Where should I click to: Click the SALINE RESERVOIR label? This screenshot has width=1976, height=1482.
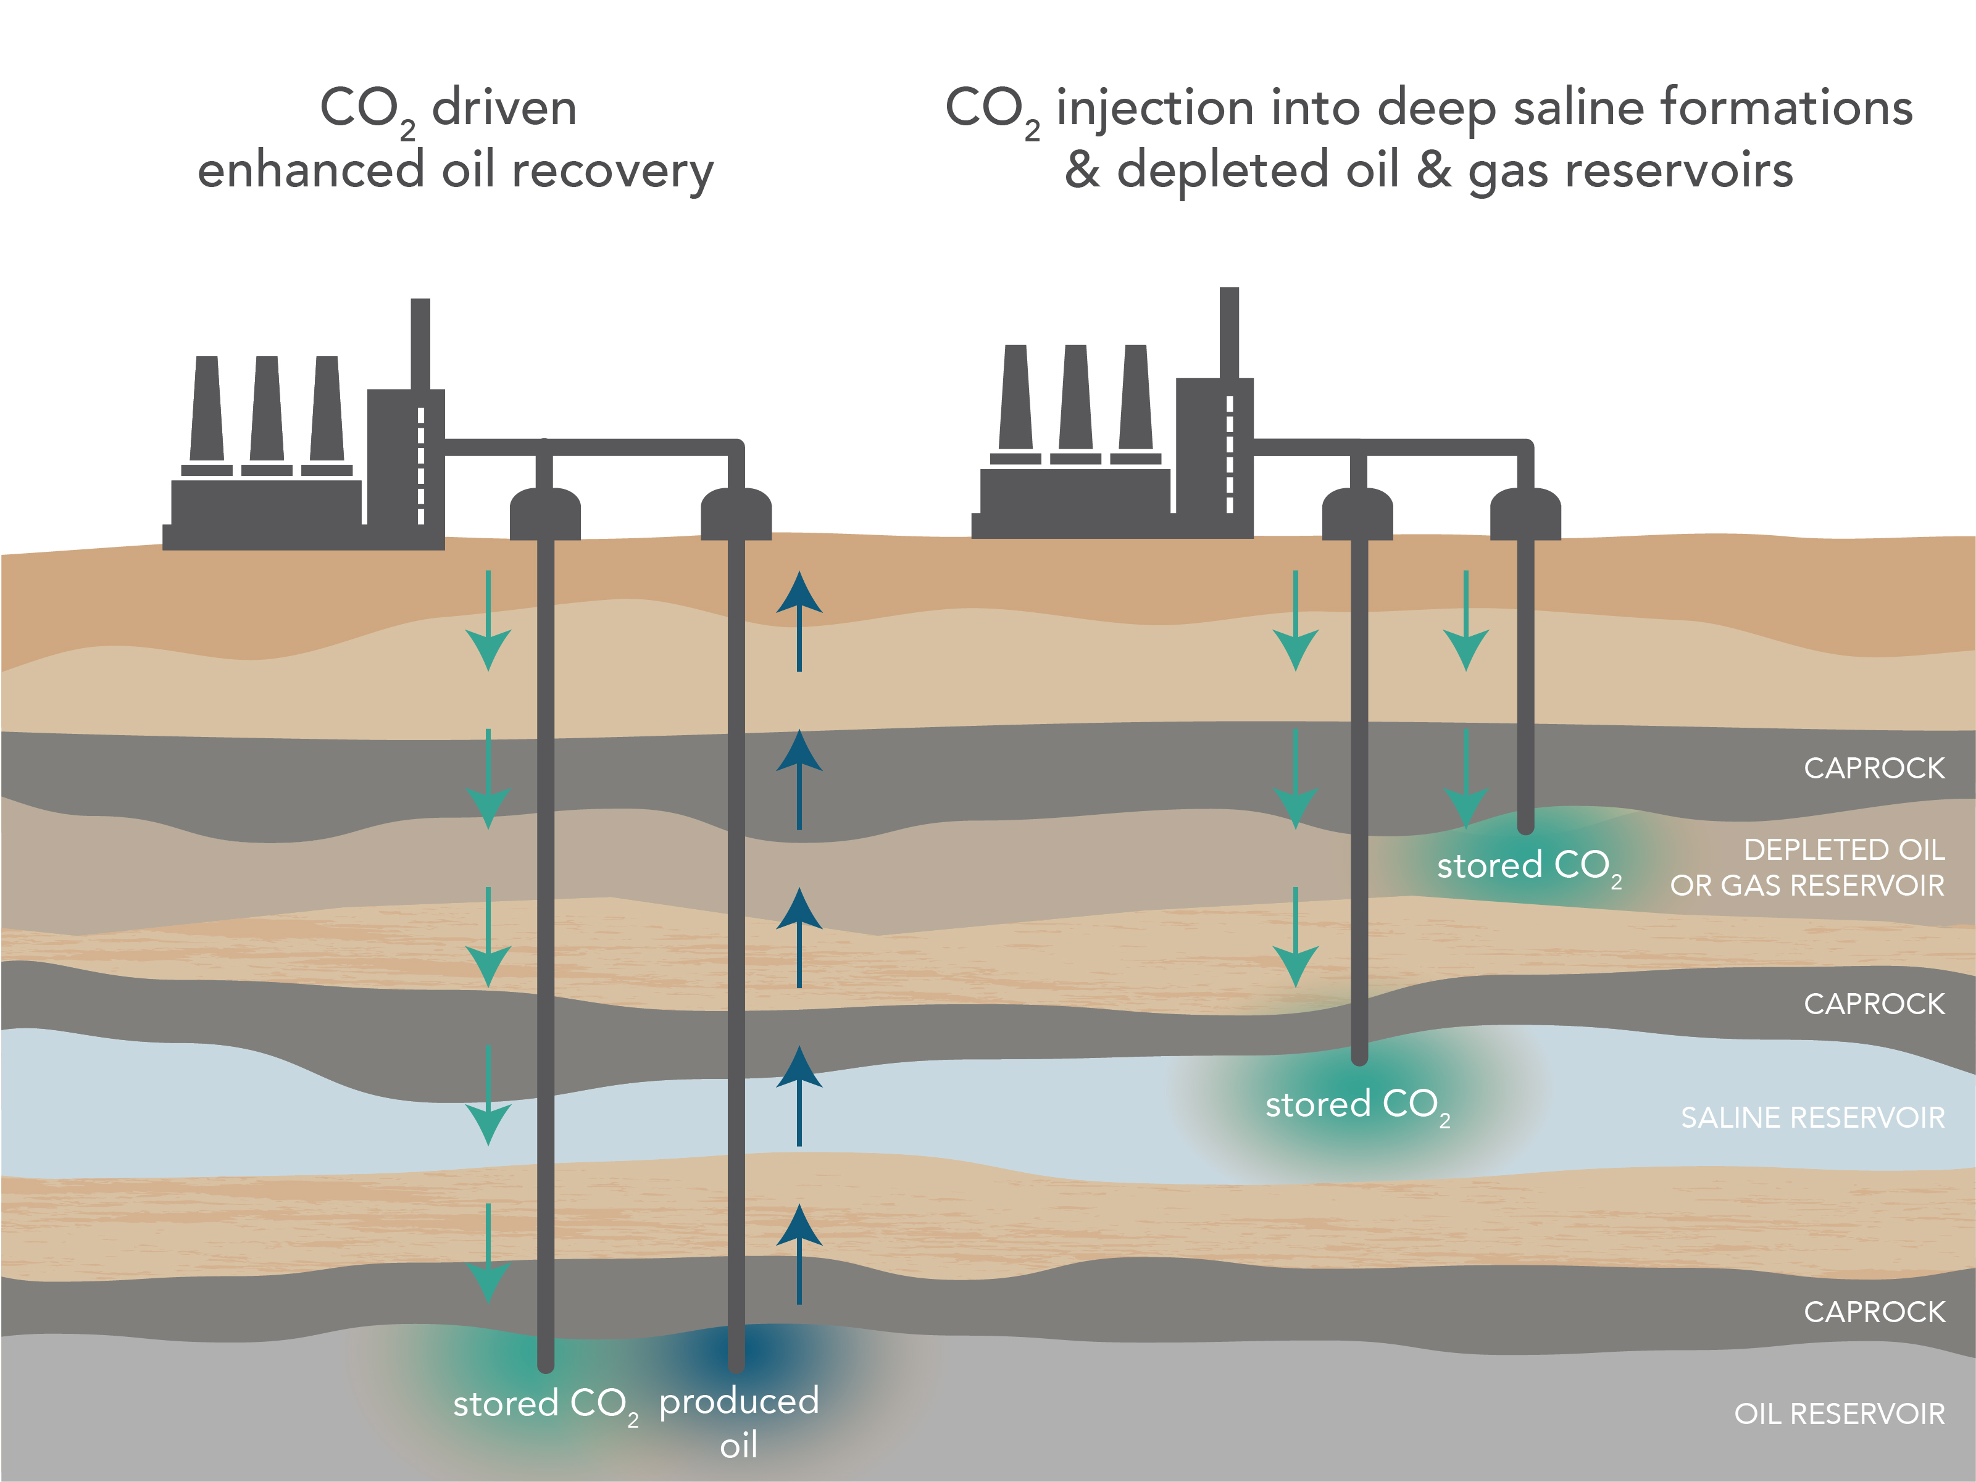pos(1812,1118)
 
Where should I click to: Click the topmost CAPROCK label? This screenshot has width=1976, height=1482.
pos(1874,768)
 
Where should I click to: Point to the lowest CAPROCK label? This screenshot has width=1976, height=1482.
pos(1874,1312)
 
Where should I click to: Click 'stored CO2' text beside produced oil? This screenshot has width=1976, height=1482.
pos(545,1404)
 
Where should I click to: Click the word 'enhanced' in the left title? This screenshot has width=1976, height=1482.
pos(310,170)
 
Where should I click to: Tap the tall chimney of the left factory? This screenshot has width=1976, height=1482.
pos(420,344)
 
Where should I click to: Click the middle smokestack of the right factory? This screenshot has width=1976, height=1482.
pos(1075,398)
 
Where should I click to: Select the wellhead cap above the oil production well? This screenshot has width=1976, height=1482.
pos(736,513)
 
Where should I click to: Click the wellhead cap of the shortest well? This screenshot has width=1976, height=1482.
pos(1525,513)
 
